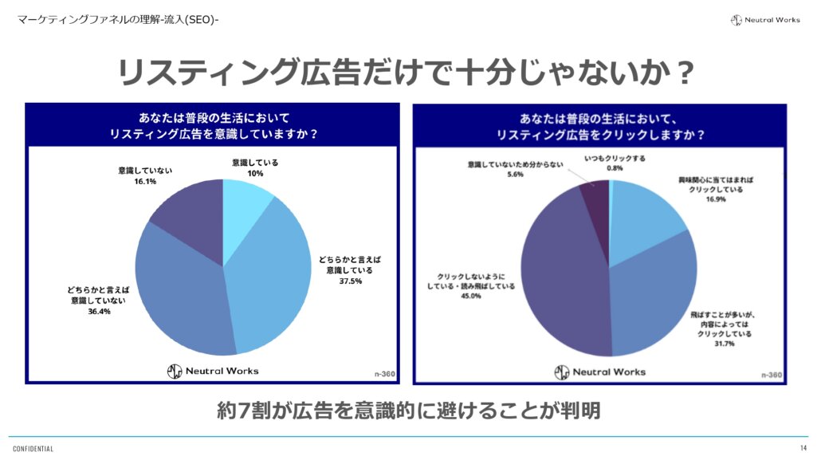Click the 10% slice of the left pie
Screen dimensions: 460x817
(x=244, y=211)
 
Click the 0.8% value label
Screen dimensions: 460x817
(x=614, y=168)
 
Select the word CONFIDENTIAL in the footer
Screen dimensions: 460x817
(x=33, y=449)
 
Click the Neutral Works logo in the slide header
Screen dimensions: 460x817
(x=765, y=20)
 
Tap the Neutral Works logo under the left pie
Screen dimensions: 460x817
(x=212, y=371)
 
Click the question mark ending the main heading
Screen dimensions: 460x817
(x=683, y=73)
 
